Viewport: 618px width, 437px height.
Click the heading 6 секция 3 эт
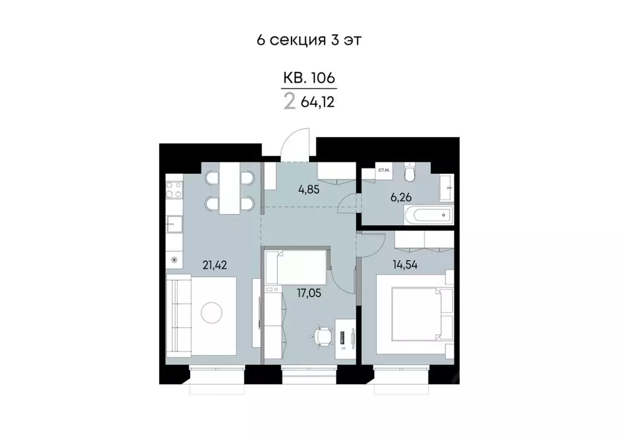click(x=308, y=40)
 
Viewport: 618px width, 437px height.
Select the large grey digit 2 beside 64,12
click(x=290, y=101)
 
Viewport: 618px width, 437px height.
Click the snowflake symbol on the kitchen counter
click(x=174, y=260)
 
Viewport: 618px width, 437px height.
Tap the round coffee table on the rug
click(x=211, y=313)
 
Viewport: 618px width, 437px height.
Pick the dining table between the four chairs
click(x=229, y=188)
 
